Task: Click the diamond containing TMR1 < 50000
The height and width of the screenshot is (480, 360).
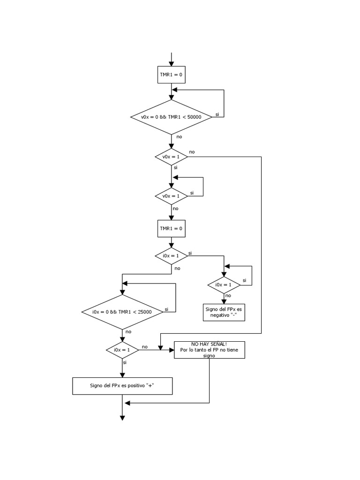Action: coord(172,117)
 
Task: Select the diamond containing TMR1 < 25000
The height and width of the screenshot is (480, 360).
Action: coord(122,312)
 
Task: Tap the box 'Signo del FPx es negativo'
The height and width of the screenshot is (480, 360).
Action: coord(224,312)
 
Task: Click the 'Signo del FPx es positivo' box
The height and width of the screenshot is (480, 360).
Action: coord(122,386)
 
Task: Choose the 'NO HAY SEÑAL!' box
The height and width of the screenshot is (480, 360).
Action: coord(209,350)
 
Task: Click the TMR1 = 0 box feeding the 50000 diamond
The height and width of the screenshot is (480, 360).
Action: coord(171,74)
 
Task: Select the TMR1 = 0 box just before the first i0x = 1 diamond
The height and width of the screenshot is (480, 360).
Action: coord(171,229)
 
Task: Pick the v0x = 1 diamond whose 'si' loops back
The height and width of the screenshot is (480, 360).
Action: coord(171,196)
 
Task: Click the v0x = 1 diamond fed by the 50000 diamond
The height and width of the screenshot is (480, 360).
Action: coord(171,157)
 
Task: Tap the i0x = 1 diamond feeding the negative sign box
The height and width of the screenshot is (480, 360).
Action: coord(224,285)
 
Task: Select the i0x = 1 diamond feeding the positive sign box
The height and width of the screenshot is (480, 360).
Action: coord(122,350)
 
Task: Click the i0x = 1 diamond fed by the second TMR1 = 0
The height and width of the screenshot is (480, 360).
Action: coord(171,256)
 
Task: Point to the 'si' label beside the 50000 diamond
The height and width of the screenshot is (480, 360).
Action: coord(217,114)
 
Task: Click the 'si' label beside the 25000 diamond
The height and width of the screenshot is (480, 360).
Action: coord(167,309)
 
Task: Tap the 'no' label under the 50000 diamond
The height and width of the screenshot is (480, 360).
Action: coord(179,136)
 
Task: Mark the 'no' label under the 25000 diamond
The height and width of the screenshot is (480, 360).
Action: coord(128,331)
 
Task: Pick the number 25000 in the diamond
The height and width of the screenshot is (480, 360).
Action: coord(142,312)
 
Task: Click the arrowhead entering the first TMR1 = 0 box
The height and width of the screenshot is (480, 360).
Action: coord(171,63)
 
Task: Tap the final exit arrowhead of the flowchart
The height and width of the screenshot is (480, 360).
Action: coord(122,418)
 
